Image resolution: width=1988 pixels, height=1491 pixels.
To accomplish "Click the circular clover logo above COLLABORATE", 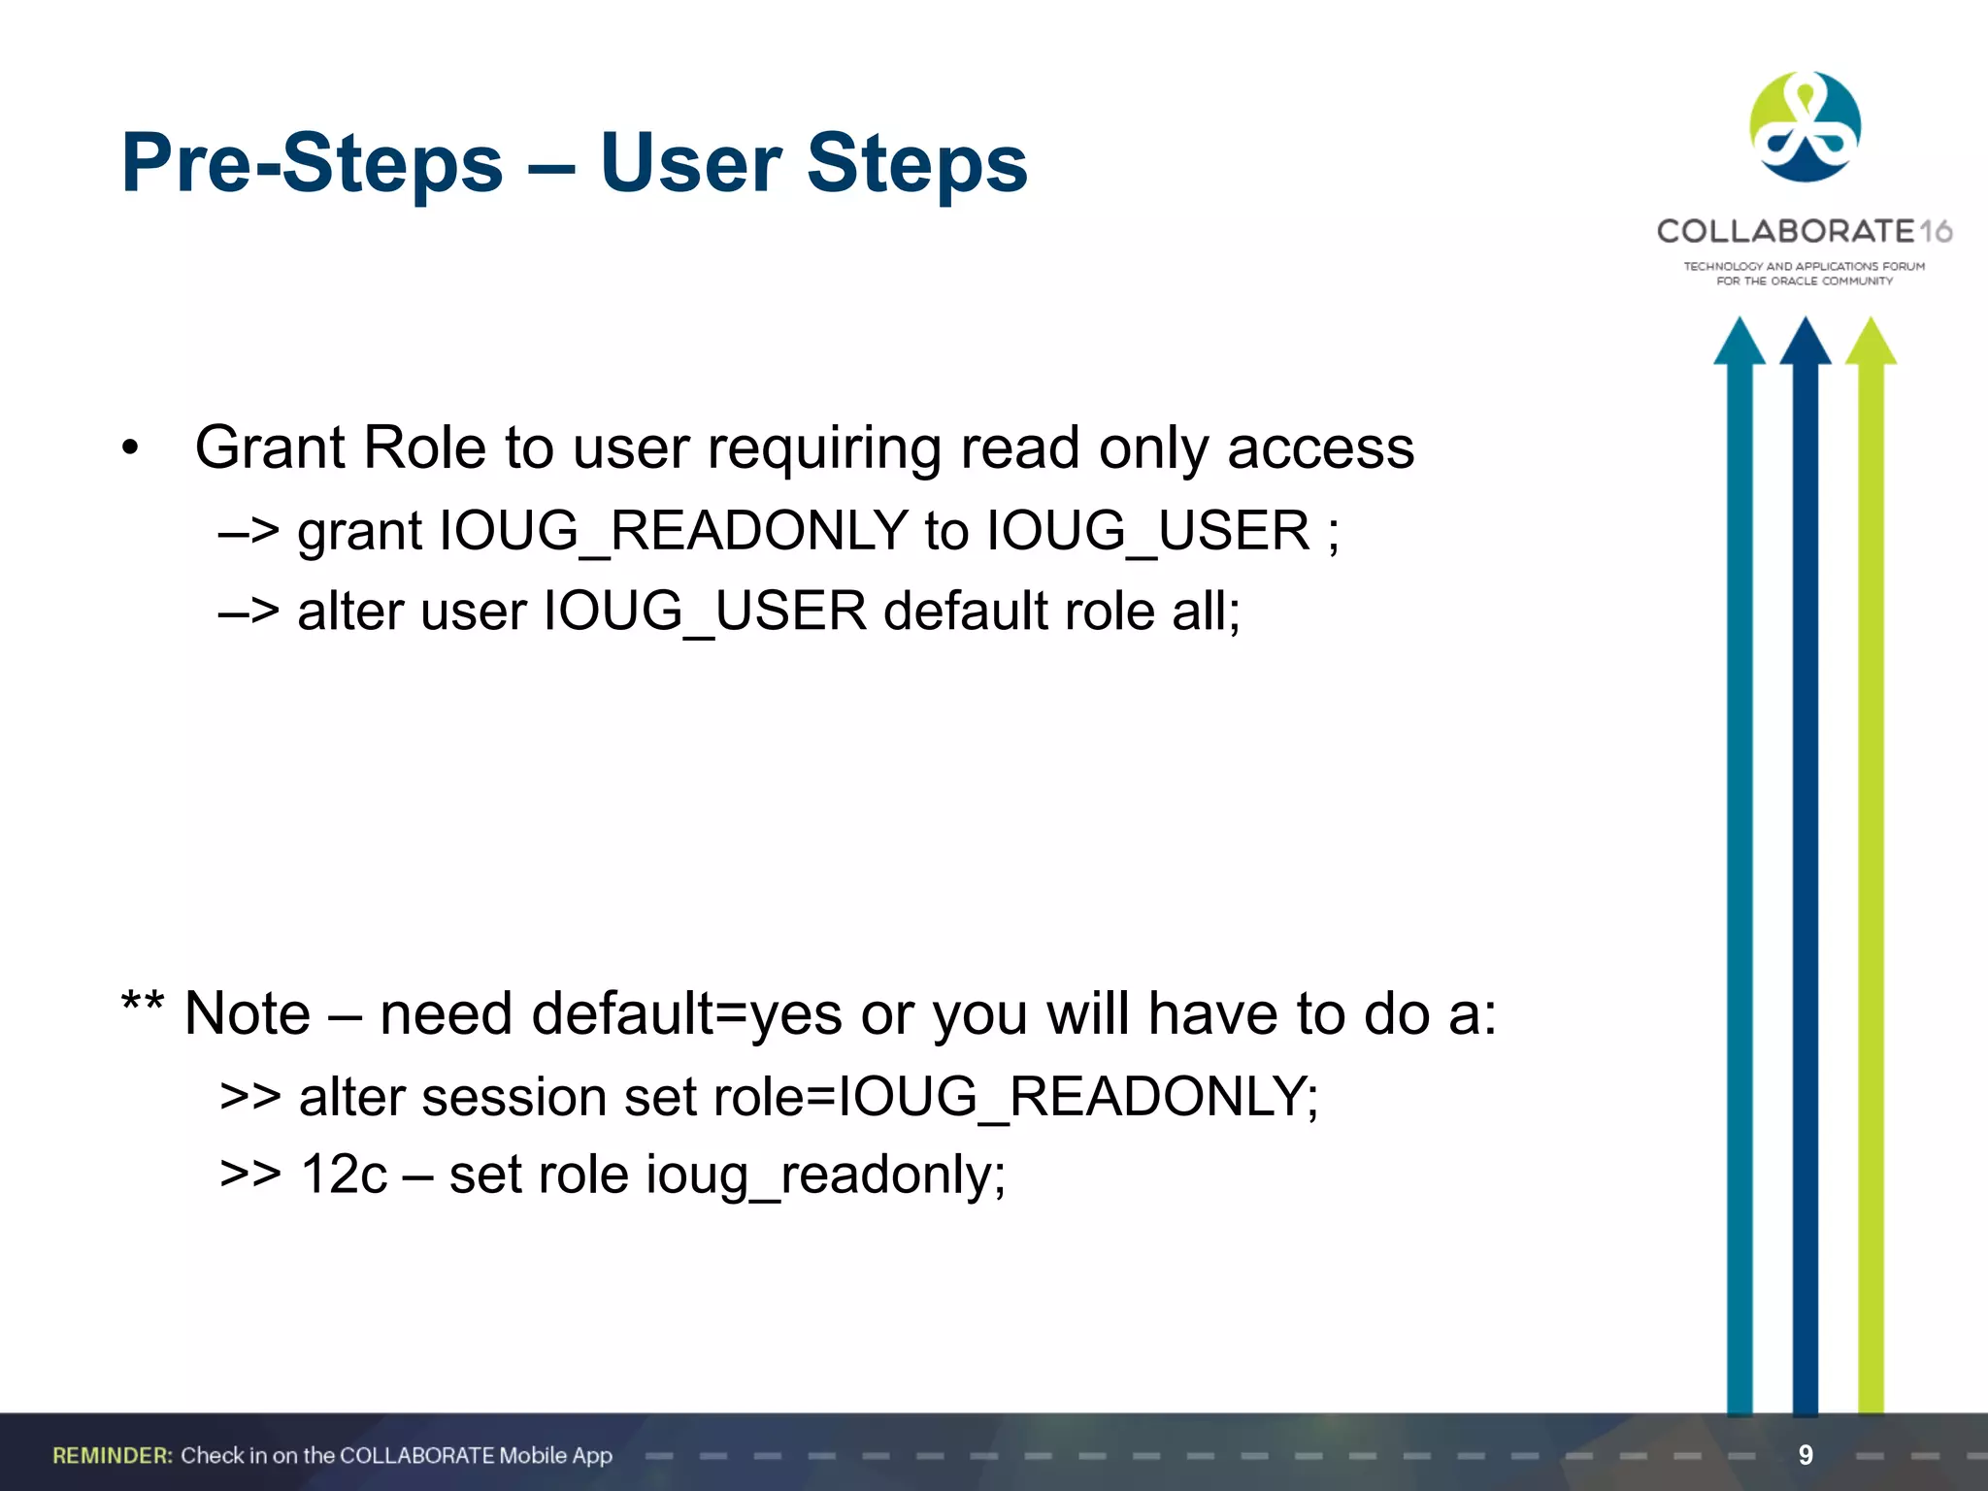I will click(x=1805, y=126).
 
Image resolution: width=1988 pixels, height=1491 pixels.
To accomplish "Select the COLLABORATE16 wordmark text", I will click(x=1804, y=231).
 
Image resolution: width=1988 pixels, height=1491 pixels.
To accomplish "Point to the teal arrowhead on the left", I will click(x=1739, y=343).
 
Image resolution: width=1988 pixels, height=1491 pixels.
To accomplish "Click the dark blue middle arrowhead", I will click(x=1805, y=343).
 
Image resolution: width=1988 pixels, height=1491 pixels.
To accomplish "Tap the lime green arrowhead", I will click(x=1871, y=343).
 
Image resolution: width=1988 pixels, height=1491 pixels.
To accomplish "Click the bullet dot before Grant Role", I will click(x=130, y=448).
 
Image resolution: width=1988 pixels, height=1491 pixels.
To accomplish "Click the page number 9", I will click(x=1806, y=1454).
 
